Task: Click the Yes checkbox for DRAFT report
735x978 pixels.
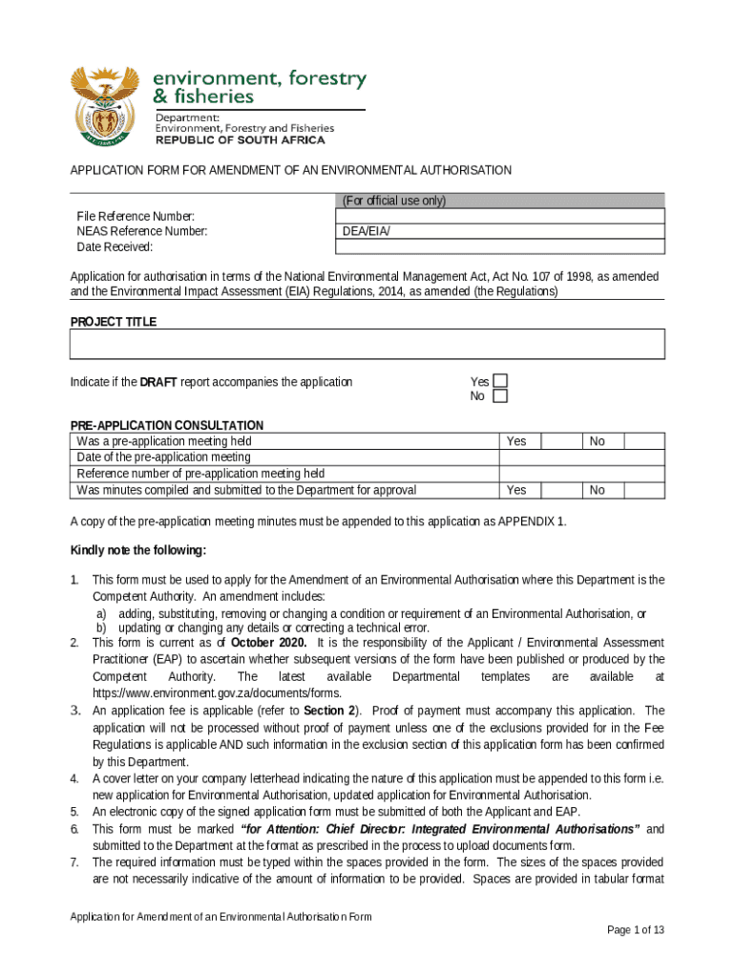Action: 500,381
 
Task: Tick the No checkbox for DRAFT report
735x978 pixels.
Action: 500,396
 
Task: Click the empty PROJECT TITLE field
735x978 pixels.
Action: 367,345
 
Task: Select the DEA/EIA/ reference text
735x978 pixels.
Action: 367,232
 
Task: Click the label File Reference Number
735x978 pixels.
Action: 136,217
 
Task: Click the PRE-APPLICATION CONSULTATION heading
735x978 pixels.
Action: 167,425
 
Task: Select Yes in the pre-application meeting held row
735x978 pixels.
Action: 516,441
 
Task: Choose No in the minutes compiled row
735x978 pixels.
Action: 598,490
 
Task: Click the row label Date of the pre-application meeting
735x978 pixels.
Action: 163,457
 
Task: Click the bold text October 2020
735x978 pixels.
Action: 268,642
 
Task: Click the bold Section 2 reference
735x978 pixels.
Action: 329,711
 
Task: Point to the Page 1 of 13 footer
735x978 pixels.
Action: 635,930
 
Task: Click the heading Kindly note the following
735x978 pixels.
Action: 138,551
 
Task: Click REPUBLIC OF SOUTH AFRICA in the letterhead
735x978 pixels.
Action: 240,139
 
